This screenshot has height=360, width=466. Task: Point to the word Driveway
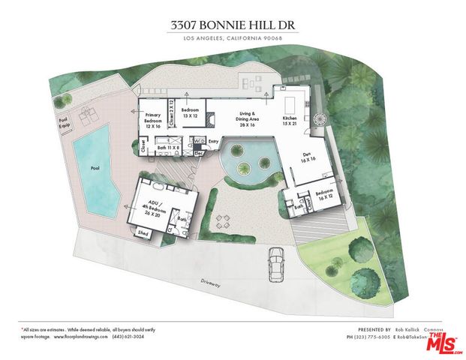[210, 283]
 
